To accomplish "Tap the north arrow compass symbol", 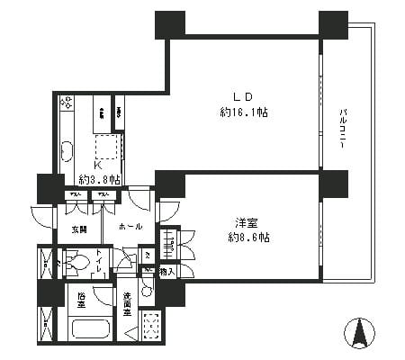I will point(363,333).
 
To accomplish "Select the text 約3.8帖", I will point(98,179).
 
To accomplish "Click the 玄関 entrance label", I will point(79,229).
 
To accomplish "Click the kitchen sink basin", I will point(67,150).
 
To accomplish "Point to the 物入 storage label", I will point(166,271).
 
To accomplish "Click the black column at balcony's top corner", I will point(333,24).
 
